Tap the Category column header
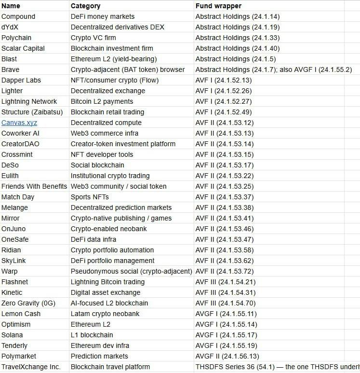click(85, 6)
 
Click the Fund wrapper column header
click(218, 6)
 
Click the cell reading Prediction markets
click(99, 356)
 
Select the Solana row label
click(12, 335)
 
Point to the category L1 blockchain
click(92, 335)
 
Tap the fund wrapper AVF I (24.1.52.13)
click(223, 80)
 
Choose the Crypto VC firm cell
click(93, 38)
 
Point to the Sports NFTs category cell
click(90, 197)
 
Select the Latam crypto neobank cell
click(105, 314)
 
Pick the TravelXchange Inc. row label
click(31, 367)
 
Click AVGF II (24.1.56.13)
click(227, 356)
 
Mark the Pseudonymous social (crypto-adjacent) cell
click(131, 271)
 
